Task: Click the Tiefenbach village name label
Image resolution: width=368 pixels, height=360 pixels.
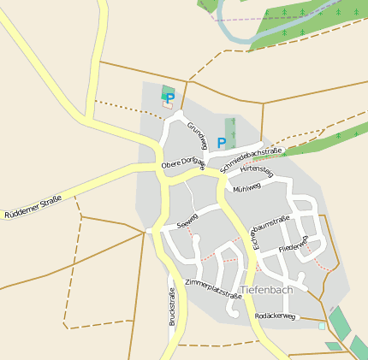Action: (267, 290)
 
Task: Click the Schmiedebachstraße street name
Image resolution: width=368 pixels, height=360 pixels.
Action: (251, 158)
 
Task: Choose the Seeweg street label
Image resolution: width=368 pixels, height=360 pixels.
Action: (187, 221)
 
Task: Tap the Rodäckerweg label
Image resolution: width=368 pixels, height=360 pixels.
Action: (275, 316)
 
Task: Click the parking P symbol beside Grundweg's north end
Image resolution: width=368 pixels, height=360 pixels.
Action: (169, 98)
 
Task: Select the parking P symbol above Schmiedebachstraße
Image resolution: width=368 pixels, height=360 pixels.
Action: (222, 143)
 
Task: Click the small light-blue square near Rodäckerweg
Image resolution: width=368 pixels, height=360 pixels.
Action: (322, 326)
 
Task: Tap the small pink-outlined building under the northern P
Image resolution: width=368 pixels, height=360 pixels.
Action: (167, 105)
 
